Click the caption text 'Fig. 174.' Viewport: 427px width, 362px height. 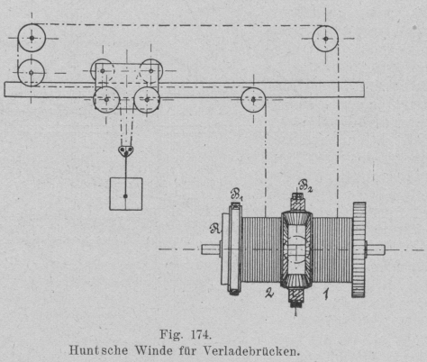[x=186, y=334]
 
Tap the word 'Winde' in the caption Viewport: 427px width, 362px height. [x=154, y=350]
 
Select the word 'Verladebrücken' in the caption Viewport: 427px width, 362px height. [x=251, y=350]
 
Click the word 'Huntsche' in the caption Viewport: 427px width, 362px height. [x=98, y=350]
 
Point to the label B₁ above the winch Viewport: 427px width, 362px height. [x=237, y=195]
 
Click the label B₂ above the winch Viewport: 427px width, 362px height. [x=305, y=186]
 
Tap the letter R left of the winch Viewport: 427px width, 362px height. [x=215, y=229]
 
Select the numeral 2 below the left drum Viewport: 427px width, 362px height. [x=269, y=293]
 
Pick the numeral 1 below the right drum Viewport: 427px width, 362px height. [x=326, y=294]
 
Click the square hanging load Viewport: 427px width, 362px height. [x=126, y=194]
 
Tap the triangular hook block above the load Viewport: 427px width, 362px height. [x=126, y=151]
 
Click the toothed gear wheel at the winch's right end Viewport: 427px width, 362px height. [x=359, y=249]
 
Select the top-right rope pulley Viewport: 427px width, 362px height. [x=325, y=39]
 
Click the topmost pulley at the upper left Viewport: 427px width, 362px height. [x=32, y=38]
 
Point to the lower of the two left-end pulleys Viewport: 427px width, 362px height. [x=32, y=73]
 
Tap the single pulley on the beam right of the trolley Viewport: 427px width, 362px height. [x=253, y=99]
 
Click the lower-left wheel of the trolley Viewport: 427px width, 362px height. [x=106, y=99]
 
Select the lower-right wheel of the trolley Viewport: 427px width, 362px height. [x=147, y=99]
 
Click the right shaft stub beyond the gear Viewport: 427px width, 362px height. [x=376, y=249]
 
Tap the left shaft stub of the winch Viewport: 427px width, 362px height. [x=212, y=249]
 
